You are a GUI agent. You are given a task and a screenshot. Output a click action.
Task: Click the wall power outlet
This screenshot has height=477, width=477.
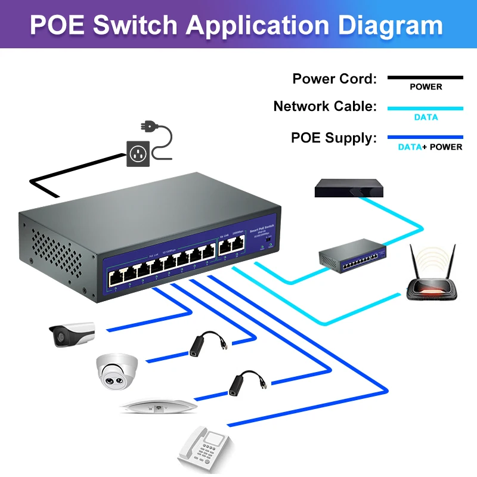(x=138, y=154)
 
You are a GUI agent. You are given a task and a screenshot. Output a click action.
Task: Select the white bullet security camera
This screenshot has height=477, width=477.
(x=71, y=334)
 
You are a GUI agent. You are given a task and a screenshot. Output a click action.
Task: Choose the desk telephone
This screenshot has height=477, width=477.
(x=204, y=447)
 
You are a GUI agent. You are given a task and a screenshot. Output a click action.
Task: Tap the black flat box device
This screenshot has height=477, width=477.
(x=349, y=188)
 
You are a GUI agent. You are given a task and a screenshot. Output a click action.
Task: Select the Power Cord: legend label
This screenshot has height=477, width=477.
(x=334, y=79)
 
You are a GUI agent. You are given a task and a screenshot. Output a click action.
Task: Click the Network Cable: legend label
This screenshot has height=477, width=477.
(x=325, y=107)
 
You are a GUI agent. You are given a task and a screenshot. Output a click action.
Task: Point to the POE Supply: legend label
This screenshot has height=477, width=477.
(x=334, y=138)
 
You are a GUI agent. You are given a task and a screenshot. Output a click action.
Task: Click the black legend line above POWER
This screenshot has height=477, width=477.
(x=425, y=78)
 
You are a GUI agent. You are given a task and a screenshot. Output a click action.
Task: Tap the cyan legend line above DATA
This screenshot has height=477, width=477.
(x=425, y=109)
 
